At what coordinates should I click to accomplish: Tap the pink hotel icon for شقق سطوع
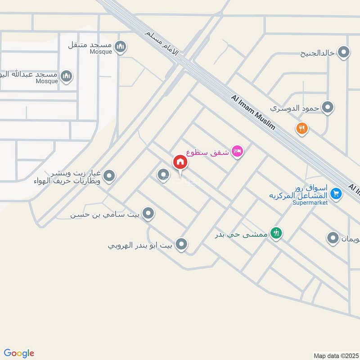coord(237,152)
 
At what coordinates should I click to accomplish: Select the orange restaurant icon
coord(301,129)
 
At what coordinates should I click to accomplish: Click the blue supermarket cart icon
coord(335,193)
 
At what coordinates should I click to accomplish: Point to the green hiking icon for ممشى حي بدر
coord(277,233)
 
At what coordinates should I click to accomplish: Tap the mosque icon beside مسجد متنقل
coord(120,46)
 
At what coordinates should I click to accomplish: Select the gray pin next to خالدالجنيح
coord(344,53)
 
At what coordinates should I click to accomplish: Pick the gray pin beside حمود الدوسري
coord(328,108)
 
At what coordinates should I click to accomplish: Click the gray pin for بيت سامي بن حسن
coord(148,213)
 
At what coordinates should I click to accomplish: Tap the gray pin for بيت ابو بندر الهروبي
coord(181,244)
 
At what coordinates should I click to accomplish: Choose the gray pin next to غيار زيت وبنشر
coord(109,177)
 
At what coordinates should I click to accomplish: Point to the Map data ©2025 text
coord(336,355)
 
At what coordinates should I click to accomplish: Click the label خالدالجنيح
coord(318,53)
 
